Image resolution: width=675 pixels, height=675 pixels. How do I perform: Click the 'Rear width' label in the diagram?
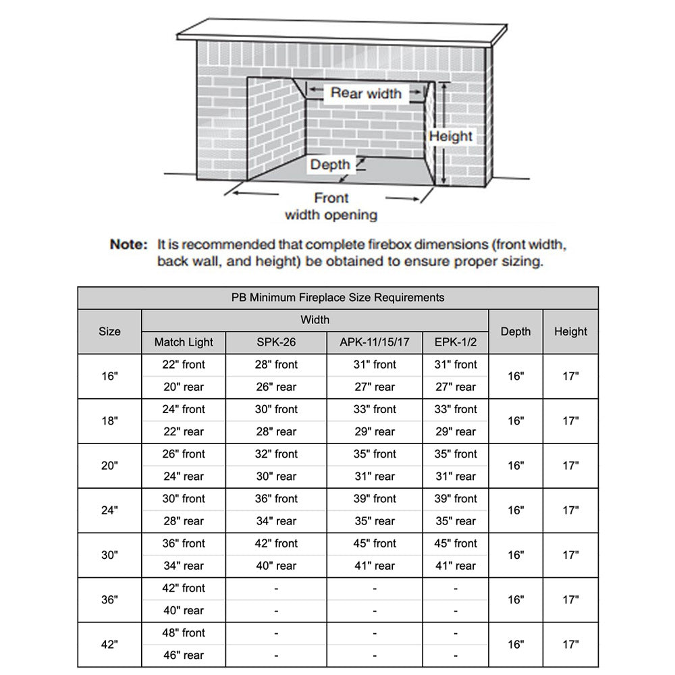366,93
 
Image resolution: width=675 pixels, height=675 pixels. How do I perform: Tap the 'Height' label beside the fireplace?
451,136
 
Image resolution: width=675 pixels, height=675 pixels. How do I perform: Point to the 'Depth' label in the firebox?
330,165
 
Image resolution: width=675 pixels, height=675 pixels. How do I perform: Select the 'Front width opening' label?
331,207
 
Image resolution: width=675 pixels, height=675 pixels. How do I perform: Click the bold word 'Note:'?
128,244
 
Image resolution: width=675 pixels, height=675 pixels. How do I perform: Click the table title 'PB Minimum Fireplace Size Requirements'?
337,297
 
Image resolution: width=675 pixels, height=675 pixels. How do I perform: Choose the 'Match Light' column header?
184,342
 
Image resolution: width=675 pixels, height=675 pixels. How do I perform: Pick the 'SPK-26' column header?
277,342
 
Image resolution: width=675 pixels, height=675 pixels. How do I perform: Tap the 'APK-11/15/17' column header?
375,342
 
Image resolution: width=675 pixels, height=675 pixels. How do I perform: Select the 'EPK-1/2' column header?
456,342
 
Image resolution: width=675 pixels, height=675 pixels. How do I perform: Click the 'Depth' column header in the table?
516,331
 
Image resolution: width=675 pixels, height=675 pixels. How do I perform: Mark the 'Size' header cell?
109,331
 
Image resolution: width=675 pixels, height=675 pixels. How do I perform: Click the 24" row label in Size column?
109,510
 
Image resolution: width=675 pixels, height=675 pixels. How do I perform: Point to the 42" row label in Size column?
109,644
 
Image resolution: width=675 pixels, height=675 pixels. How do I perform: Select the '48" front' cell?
184,633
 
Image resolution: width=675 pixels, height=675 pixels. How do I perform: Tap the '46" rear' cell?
184,655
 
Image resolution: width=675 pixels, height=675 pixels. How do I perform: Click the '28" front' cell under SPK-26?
277,364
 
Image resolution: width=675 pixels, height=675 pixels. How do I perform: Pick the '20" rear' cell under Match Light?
184,387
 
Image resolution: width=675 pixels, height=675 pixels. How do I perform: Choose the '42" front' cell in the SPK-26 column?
277,543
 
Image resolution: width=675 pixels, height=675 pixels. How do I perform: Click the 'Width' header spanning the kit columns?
315,320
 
